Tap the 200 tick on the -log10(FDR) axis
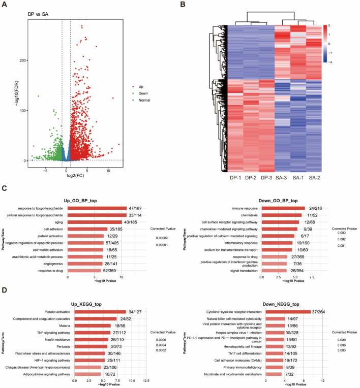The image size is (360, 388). tap(22, 60)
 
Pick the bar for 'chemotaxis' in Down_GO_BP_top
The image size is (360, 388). tap(282, 215)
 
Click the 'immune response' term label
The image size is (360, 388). tap(244, 208)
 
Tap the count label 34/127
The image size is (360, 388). tap(135, 311)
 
